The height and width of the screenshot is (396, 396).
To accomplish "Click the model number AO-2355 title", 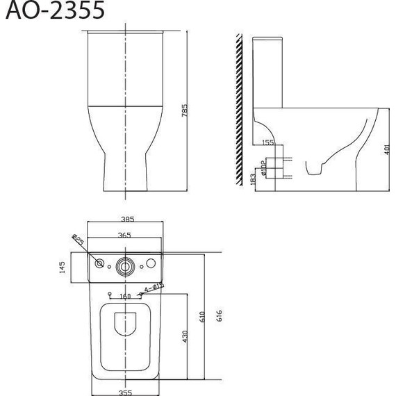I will pyautogui.click(x=53, y=12).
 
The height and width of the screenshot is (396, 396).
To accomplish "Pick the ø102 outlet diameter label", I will pyautogui.click(x=263, y=167).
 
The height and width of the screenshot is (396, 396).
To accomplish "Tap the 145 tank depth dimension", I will pyautogui.click(x=62, y=267).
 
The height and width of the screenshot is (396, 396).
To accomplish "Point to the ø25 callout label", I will pyautogui.click(x=78, y=241).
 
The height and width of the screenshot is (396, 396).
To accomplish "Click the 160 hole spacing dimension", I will pyautogui.click(x=125, y=297).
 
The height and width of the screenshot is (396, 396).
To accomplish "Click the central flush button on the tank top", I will pyautogui.click(x=125, y=265).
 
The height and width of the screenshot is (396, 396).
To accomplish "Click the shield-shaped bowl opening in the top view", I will pyautogui.click(x=126, y=325).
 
